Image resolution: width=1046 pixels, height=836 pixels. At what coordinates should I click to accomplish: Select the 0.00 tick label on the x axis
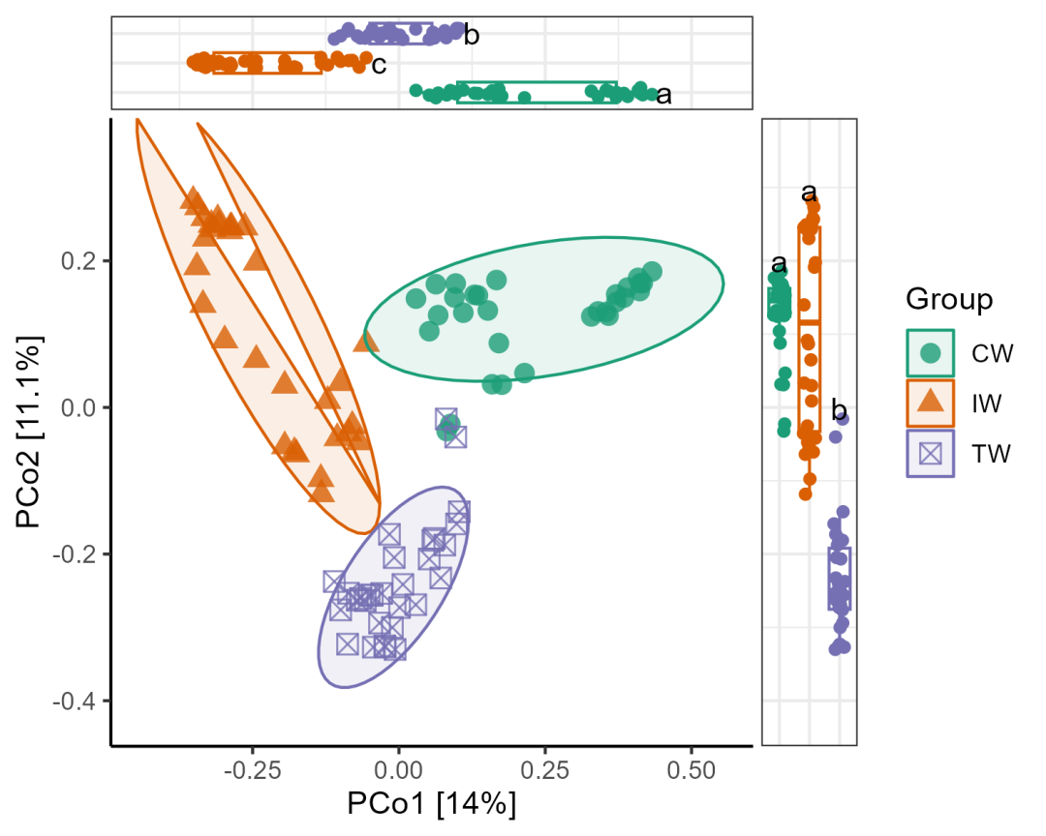[399, 770]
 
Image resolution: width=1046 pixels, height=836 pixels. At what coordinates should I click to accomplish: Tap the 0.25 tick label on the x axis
[544, 770]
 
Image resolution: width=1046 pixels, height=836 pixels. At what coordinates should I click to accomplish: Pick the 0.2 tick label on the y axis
[79, 261]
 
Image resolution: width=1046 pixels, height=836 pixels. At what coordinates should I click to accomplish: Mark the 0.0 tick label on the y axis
[79, 407]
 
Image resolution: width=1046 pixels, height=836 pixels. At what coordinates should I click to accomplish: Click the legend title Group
[949, 299]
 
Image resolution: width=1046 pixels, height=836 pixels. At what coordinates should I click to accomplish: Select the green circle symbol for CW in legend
[931, 353]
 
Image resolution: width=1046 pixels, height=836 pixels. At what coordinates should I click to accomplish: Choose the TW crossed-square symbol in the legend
[931, 453]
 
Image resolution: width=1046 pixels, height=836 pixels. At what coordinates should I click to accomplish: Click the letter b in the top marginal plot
[472, 37]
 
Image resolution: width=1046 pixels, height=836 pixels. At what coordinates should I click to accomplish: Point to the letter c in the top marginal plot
[379, 65]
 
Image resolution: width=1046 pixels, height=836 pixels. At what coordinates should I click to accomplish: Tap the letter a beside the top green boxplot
[663, 95]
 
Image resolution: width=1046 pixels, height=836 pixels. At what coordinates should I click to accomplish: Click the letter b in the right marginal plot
[839, 409]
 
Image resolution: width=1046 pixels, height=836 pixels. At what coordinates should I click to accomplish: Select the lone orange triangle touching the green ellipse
[366, 341]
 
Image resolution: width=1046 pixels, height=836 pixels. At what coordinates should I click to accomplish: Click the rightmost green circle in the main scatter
[652, 272]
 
